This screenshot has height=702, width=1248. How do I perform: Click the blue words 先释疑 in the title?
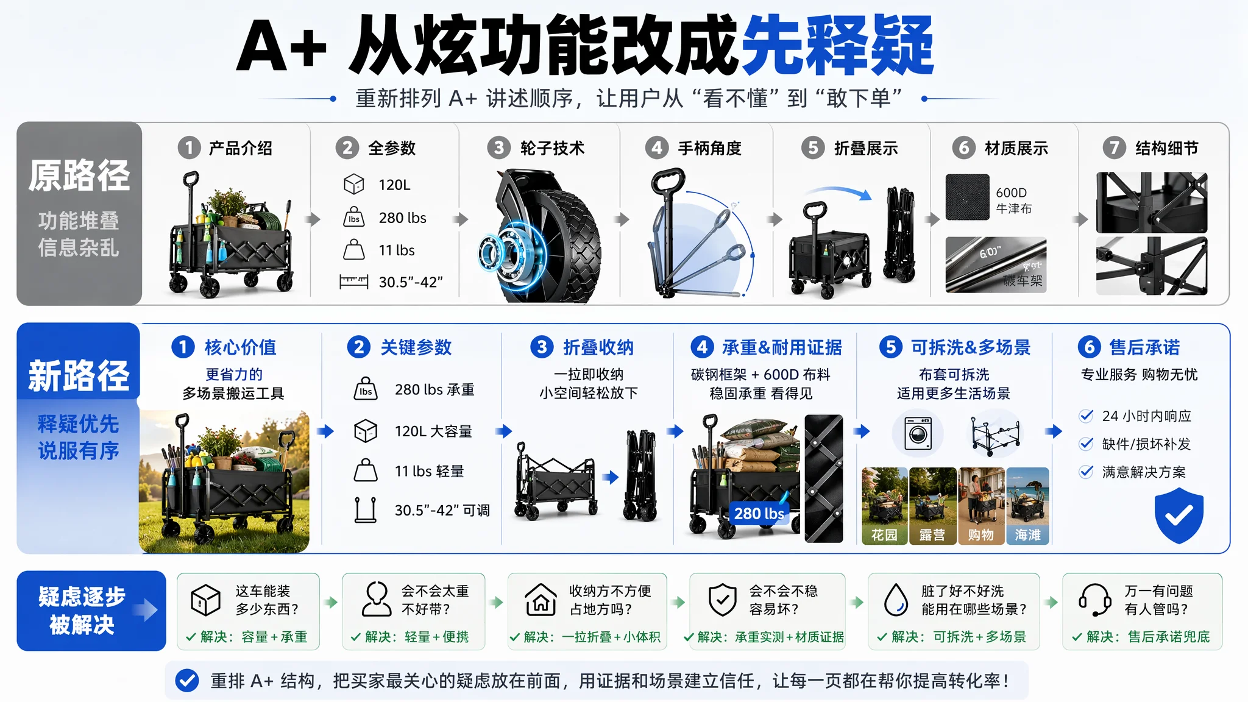tap(838, 45)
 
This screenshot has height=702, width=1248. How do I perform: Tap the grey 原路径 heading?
tap(79, 175)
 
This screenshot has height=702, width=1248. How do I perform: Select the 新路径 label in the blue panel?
tap(79, 375)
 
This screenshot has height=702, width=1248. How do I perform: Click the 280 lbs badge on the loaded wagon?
tap(759, 514)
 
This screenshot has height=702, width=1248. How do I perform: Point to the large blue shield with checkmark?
tap(1179, 515)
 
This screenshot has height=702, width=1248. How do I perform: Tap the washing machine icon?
tap(918, 433)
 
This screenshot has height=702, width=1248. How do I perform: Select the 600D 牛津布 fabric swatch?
tap(968, 197)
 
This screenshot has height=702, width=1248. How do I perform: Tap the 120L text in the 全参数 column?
tap(394, 185)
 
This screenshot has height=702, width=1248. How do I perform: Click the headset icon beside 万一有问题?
tap(1095, 600)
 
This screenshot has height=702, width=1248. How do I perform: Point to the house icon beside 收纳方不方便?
tap(541, 600)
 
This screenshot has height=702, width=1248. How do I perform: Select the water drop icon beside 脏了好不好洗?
tap(896, 600)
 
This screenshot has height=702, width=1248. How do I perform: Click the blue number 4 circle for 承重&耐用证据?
tap(703, 347)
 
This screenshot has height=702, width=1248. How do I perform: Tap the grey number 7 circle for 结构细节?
tap(1115, 147)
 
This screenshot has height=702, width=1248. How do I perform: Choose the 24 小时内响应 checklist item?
tap(1135, 416)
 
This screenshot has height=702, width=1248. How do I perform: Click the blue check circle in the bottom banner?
tap(187, 681)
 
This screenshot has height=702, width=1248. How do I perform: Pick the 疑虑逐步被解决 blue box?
tap(91, 611)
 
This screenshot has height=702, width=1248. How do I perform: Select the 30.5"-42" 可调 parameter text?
tap(442, 510)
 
